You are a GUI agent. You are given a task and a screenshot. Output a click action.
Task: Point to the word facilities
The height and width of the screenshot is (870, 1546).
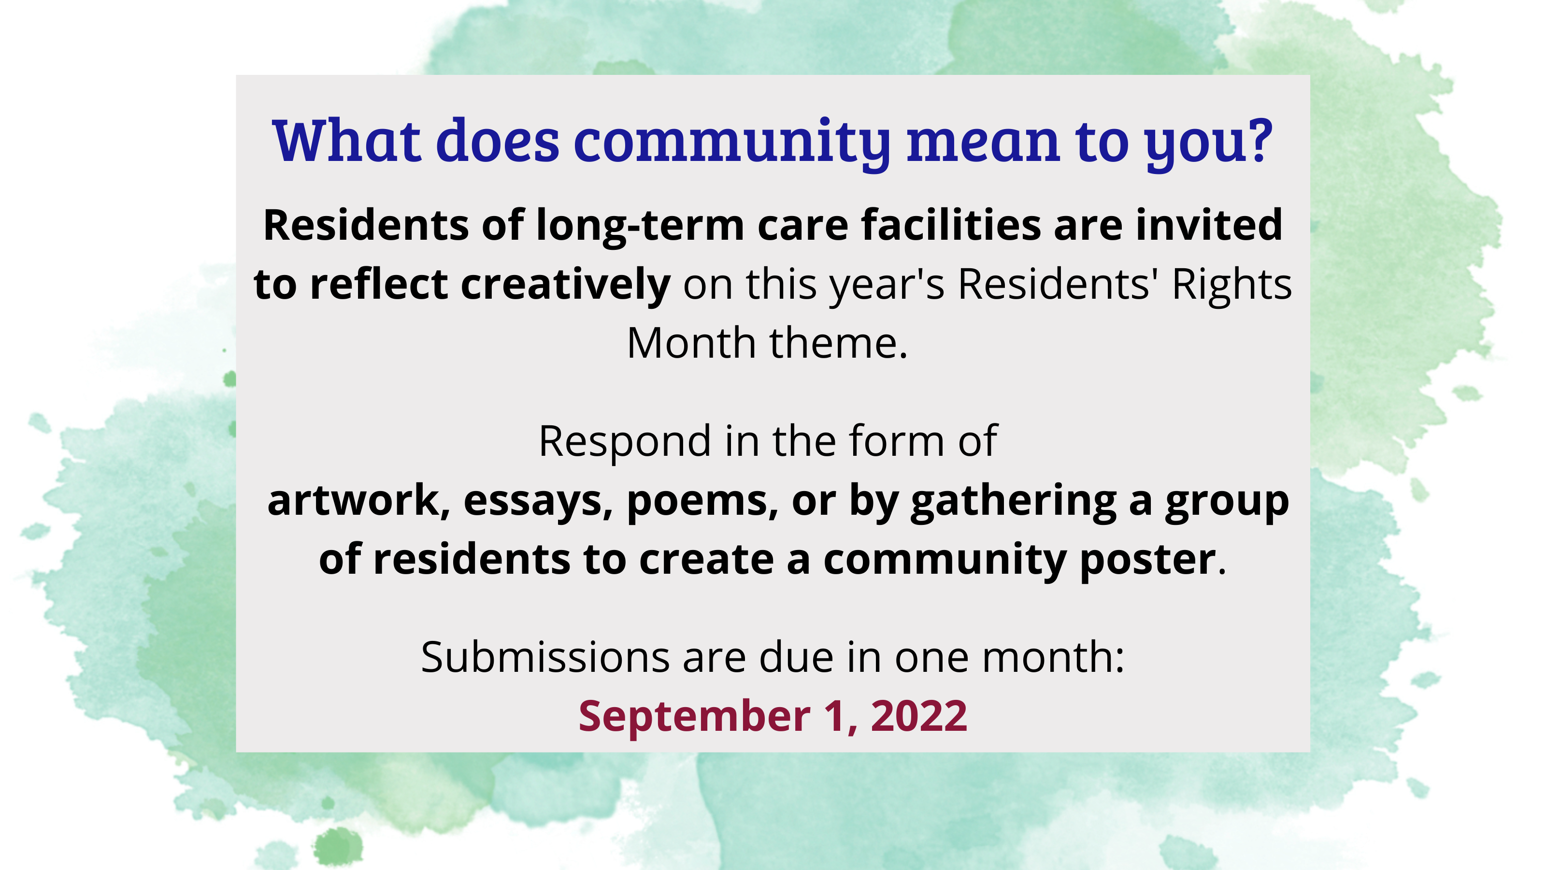pyautogui.click(x=951, y=225)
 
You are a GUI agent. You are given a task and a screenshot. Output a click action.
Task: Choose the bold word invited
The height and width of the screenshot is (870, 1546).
pyautogui.click(x=1209, y=225)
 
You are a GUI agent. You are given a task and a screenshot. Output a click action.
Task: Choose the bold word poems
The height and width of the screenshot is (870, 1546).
pyautogui.click(x=702, y=501)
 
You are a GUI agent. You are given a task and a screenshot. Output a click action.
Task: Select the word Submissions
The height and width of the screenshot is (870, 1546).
pyautogui.click(x=545, y=657)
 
